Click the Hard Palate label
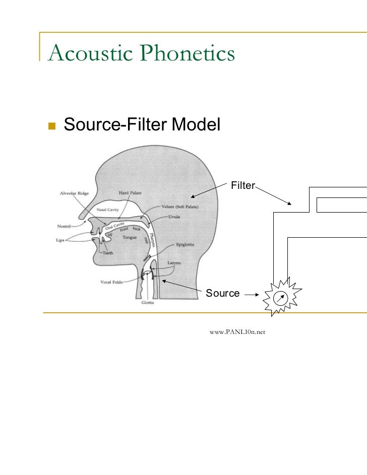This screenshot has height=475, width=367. pos(130,193)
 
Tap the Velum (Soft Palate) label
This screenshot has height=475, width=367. pos(180,207)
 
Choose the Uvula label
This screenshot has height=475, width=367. pos(175,217)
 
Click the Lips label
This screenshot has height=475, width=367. pos(60,240)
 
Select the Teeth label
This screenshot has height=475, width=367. pos(108,253)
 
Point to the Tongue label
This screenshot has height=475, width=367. pos(130,237)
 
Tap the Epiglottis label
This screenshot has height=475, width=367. pos(186,245)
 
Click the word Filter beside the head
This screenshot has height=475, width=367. pos(242,186)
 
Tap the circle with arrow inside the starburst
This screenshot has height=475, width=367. pos(280,298)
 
